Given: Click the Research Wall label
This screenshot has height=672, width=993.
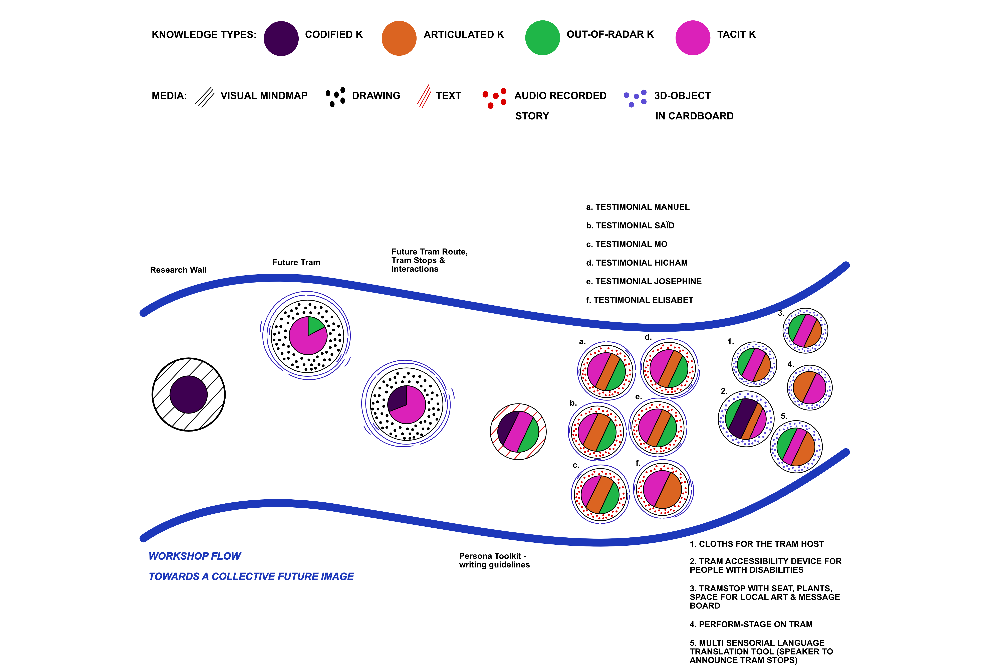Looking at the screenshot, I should coord(178,270).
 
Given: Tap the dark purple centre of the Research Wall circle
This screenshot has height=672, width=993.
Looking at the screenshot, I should coord(188,394).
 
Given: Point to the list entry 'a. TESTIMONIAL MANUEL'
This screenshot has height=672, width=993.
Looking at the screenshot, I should coord(638,207).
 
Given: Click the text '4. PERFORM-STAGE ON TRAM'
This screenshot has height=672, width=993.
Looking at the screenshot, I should coord(751,624).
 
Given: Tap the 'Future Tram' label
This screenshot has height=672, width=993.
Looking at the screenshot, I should coord(296,262).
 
